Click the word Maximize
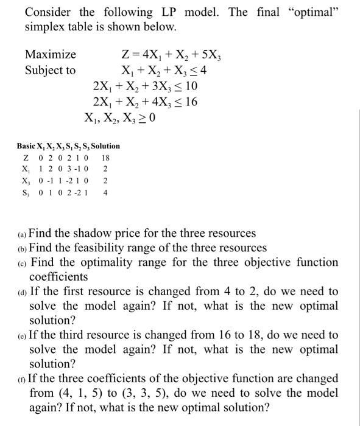(x=51, y=55)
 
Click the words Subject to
(x=51, y=70)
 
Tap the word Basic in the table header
(x=26, y=146)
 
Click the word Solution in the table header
(x=105, y=146)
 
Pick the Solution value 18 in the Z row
(x=105, y=157)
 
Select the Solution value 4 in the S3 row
(x=105, y=194)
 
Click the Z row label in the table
(x=25, y=157)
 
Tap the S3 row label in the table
(x=25, y=194)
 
